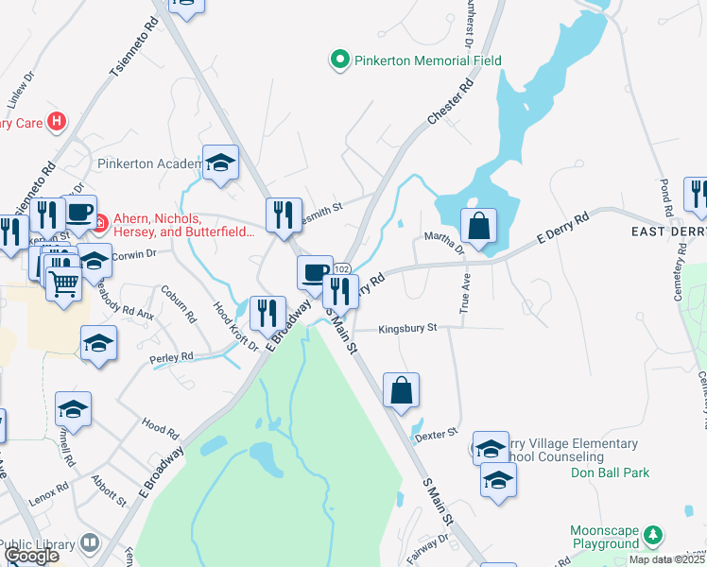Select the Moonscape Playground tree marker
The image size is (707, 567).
652,536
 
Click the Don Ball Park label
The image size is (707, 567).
611,472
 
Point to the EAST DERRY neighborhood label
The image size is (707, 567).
669,232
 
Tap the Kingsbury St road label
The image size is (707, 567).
407,329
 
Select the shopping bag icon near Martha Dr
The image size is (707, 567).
479,227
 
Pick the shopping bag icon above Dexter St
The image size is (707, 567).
401,389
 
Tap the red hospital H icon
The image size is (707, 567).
58,121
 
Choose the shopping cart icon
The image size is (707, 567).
63,281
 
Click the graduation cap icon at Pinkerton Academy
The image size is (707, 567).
220,163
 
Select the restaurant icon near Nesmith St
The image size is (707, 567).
284,215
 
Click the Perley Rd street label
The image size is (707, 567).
171,357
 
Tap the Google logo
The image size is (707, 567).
32,556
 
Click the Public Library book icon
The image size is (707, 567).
90,543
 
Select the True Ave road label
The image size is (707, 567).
465,297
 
